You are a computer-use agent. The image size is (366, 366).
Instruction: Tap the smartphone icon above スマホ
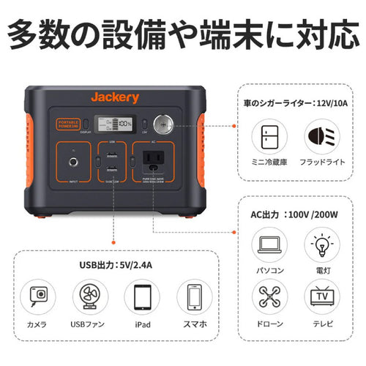click(194, 296)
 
